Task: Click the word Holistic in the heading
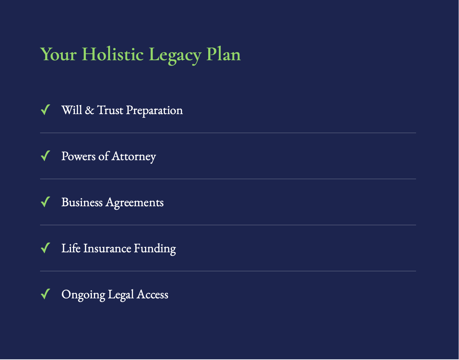[112, 54]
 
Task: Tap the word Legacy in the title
[175, 55]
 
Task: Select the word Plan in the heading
[223, 54]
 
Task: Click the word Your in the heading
[59, 54]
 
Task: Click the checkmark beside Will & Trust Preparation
[45, 110]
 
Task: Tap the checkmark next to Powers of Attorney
[45, 156]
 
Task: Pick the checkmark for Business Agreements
[45, 202]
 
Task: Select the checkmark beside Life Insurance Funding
[45, 248]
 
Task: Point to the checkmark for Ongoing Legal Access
[45, 294]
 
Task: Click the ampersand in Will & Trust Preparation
[89, 110]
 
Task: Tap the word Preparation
[154, 111]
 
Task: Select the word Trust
[110, 110]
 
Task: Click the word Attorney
[134, 157]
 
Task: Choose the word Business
[82, 202]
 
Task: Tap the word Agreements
[134, 203]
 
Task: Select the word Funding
[155, 249]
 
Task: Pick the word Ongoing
[83, 295]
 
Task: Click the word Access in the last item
[153, 294]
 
